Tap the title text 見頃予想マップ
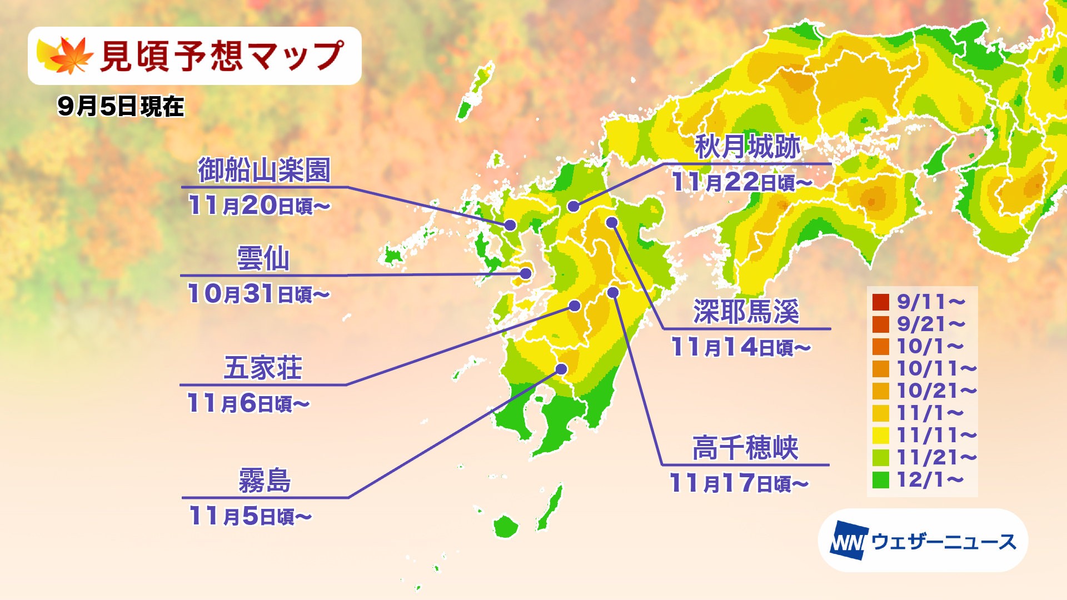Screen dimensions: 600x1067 [x=222, y=56]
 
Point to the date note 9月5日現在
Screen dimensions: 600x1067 [x=121, y=106]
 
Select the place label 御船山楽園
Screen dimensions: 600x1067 [x=265, y=170]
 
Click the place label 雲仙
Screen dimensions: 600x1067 [x=263, y=259]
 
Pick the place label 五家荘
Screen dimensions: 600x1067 [x=263, y=368]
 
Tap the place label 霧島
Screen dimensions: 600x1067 [x=265, y=481]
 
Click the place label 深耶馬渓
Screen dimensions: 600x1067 [x=746, y=312]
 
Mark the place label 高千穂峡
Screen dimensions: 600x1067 [x=745, y=448]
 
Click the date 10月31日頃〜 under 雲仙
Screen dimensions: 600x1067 [x=258, y=294]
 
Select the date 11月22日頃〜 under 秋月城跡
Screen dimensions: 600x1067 [x=742, y=182]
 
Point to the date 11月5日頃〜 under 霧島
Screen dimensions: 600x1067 [x=250, y=516]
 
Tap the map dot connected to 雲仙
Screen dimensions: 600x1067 [x=526, y=273]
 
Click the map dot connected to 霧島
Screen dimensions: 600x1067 [x=561, y=369]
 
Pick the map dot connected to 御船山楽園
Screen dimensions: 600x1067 [x=510, y=225]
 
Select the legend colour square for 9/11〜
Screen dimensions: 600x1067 [x=881, y=302]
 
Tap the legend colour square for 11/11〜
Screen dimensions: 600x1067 [x=881, y=436]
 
